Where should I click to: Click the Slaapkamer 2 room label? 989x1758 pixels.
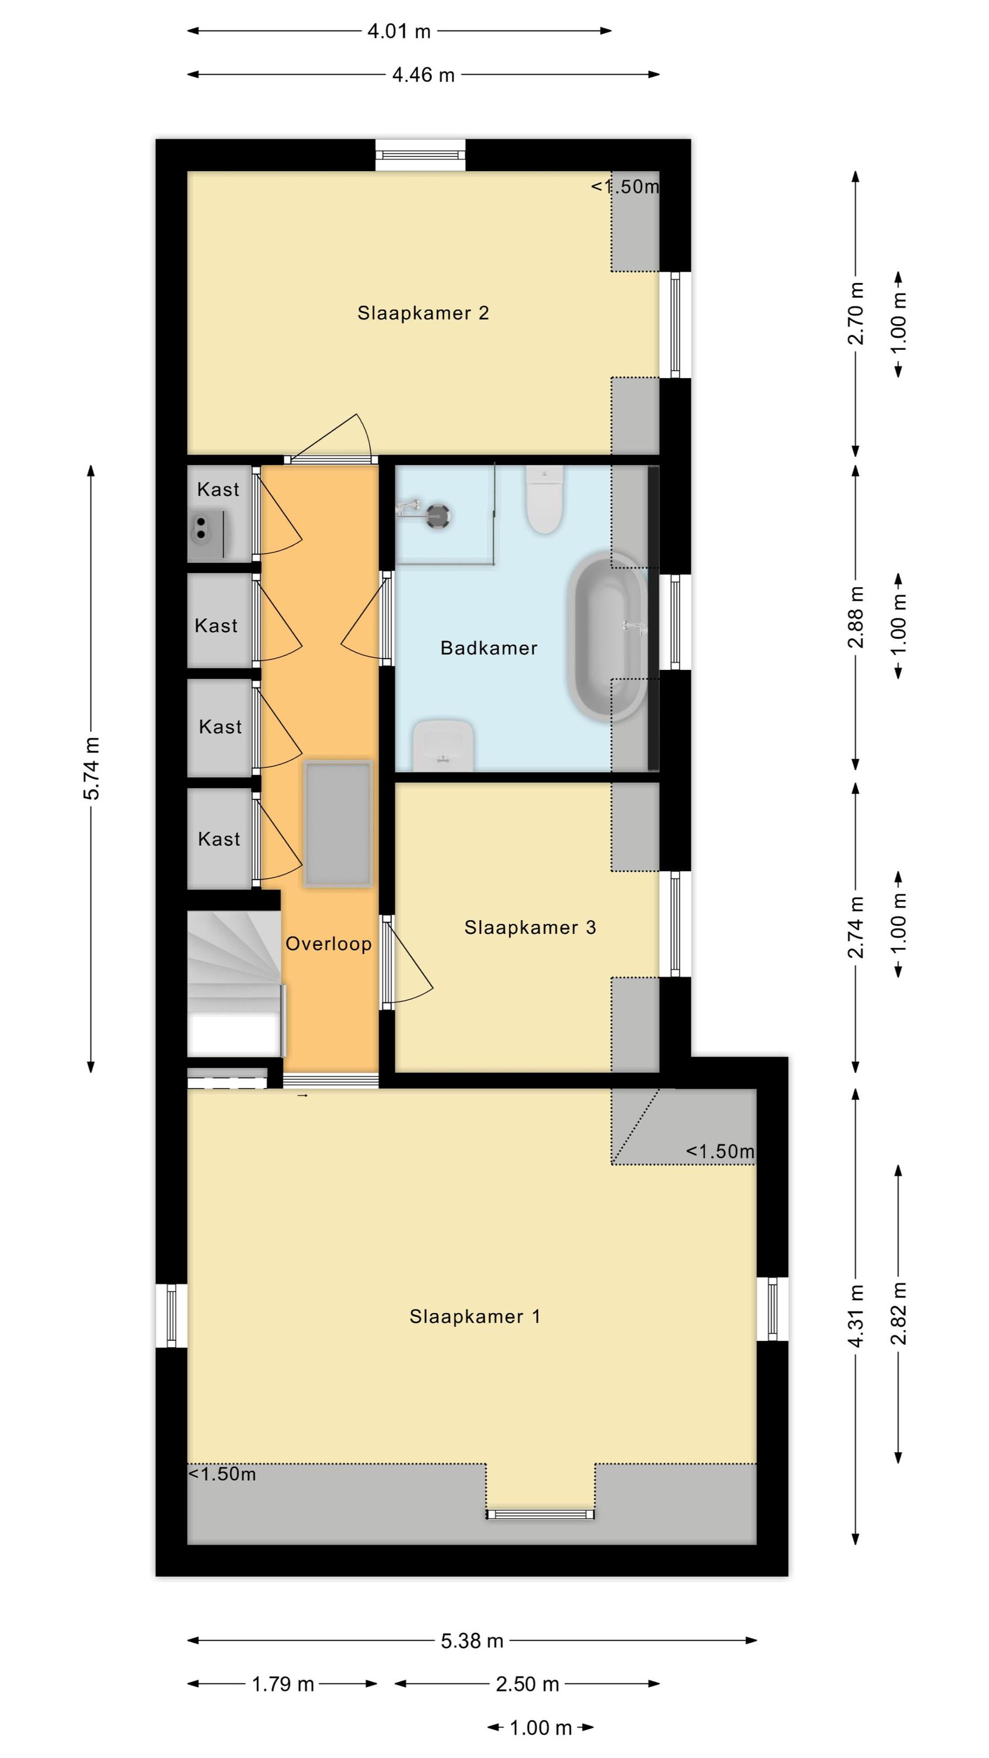[423, 314]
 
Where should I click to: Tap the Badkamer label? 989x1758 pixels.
[489, 648]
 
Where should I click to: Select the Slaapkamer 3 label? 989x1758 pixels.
[530, 928]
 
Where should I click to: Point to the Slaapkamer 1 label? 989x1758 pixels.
[475, 1317]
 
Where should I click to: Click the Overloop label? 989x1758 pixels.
[328, 944]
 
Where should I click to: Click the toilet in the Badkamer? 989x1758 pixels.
[544, 499]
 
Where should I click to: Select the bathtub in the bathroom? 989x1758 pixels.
[606, 636]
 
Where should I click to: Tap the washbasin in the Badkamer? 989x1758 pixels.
[443, 745]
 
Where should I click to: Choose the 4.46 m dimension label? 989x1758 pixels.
[423, 74]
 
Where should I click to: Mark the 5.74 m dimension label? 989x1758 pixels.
[91, 768]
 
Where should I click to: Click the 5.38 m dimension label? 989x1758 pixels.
[472, 1641]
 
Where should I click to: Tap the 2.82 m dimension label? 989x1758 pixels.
[899, 1313]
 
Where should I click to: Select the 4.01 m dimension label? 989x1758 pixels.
[399, 30]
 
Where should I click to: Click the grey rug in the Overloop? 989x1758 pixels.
[338, 824]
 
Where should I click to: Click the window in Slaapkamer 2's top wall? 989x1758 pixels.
[421, 156]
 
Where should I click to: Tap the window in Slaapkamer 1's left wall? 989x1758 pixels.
[171, 1316]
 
